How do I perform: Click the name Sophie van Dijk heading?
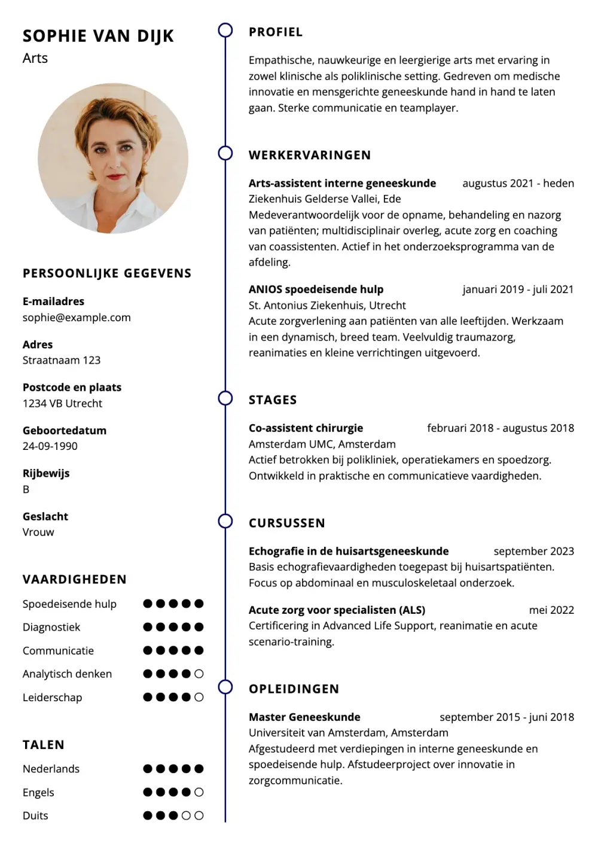pos(98,36)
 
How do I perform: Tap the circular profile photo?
pos(113,158)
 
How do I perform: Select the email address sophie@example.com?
pos(77,318)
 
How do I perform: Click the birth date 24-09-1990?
pos(50,446)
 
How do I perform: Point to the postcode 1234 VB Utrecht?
pos(62,403)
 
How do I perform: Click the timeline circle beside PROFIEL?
pos(225,31)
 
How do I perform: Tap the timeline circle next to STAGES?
pos(225,398)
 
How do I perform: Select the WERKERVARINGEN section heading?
pos(310,156)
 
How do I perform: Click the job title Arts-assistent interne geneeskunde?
pos(342,184)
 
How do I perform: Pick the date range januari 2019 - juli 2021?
pos(518,290)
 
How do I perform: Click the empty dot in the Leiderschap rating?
pos(199,697)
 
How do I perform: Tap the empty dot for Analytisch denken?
pos(199,674)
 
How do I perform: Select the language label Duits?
pos(35,815)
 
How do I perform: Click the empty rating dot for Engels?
pos(199,792)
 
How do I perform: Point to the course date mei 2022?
pos(551,610)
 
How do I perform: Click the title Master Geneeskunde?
pos(304,717)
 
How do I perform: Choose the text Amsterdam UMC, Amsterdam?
pos(322,444)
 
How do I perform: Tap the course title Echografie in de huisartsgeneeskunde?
pos(349,551)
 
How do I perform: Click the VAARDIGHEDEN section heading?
pos(75,580)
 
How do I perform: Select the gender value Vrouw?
pos(38,532)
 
